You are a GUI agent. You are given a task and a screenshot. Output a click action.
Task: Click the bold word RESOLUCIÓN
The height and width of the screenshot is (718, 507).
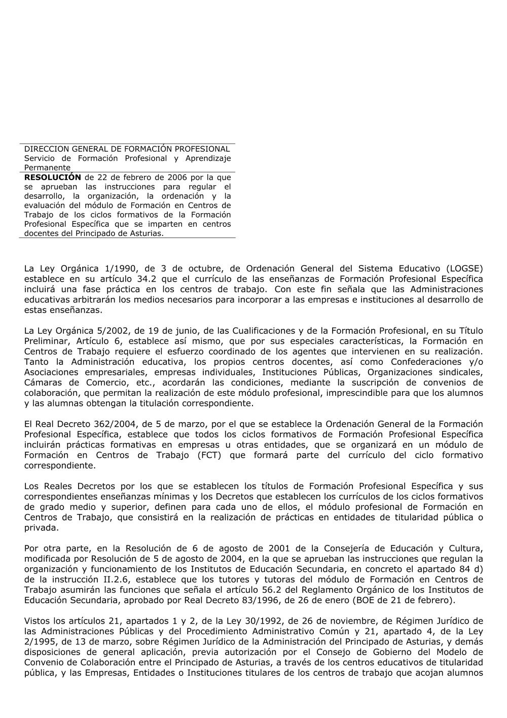click(53, 177)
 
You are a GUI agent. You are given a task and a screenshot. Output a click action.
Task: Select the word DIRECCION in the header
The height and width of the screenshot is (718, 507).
click(46, 149)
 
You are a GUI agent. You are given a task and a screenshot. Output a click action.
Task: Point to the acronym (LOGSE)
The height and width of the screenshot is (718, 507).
click(464, 268)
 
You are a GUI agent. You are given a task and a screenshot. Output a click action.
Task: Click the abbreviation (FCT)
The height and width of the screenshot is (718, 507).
click(209, 455)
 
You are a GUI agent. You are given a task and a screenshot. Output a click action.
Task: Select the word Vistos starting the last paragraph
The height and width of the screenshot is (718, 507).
click(39, 621)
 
